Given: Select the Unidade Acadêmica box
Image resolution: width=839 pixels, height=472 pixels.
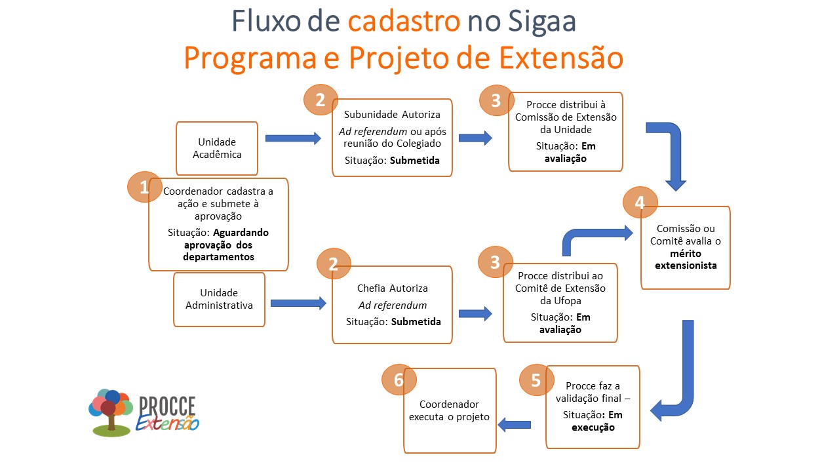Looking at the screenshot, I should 216,148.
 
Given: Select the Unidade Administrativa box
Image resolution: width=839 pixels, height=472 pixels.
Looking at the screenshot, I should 219,299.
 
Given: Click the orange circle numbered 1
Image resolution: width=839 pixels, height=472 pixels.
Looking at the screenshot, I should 144,187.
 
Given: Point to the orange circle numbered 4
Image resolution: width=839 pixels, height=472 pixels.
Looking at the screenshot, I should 640,203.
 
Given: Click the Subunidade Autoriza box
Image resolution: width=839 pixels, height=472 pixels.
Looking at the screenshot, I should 392,138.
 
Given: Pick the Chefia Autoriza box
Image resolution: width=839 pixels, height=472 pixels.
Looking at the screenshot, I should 392,305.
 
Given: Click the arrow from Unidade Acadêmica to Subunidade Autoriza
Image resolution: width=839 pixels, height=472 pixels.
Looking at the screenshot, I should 293,138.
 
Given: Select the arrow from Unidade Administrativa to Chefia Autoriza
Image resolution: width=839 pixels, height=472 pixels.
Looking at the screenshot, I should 298,303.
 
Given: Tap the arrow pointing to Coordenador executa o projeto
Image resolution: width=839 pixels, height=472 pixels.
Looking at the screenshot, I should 514,425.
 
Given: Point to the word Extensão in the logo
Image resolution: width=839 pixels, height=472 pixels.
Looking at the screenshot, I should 168,423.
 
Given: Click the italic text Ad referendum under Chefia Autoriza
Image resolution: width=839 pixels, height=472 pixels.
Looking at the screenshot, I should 392,305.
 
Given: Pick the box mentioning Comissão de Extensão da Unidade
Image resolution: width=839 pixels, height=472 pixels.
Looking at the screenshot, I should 565,132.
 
